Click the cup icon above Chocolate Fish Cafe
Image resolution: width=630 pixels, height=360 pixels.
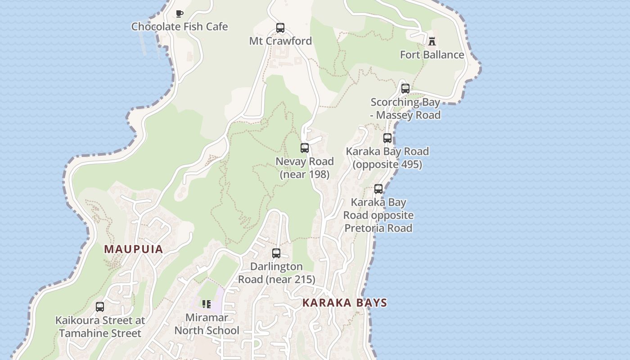pos(180,13)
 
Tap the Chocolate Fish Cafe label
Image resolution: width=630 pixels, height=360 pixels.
pos(180,27)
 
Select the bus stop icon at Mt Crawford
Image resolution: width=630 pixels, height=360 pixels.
pos(280,28)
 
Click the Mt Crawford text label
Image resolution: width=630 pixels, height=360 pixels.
pos(280,41)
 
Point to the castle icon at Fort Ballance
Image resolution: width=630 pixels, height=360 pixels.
pos(432,41)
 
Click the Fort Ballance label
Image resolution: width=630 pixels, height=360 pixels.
pos(432,55)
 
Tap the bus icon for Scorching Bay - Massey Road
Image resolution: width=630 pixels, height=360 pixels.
pos(405,89)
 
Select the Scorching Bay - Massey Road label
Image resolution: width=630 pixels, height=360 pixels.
pos(405,109)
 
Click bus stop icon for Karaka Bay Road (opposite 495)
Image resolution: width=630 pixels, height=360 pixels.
pos(387,138)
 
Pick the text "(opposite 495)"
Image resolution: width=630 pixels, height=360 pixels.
pos(387,165)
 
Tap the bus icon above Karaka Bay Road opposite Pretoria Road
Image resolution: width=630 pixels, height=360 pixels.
pos(378,189)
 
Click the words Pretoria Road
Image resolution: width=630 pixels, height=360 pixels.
pos(378,228)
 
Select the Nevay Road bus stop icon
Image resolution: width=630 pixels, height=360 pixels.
pos(305,148)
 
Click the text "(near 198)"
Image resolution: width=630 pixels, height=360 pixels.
pos(305,174)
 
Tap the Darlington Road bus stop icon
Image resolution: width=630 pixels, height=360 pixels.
pos(276,253)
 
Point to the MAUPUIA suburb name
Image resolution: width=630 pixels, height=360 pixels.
pos(133,249)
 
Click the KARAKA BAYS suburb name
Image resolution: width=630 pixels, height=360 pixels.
pos(345,302)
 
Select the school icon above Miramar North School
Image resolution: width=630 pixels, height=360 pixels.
pos(207,304)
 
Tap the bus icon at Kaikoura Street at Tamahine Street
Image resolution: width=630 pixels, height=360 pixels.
pos(100,307)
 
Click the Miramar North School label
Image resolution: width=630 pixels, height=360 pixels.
pos(207,324)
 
